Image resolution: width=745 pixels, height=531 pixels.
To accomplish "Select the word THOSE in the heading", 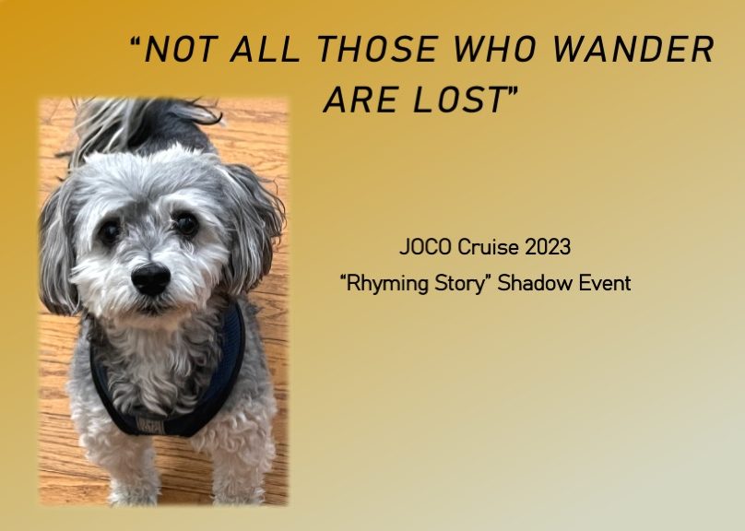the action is point(376,49).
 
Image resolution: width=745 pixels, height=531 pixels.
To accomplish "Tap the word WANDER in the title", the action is point(633,49).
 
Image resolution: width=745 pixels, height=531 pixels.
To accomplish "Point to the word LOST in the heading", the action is point(458,100).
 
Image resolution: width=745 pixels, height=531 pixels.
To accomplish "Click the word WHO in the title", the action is point(494,49).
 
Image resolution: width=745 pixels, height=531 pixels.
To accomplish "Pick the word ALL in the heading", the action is point(265,49).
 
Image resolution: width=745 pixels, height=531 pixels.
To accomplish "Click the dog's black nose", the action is point(150,278).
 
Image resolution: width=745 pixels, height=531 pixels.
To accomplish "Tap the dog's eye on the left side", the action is point(109,230).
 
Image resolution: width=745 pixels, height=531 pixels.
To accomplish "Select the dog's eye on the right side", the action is point(186,223).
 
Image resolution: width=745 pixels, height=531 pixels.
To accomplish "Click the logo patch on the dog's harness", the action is point(150,425).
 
